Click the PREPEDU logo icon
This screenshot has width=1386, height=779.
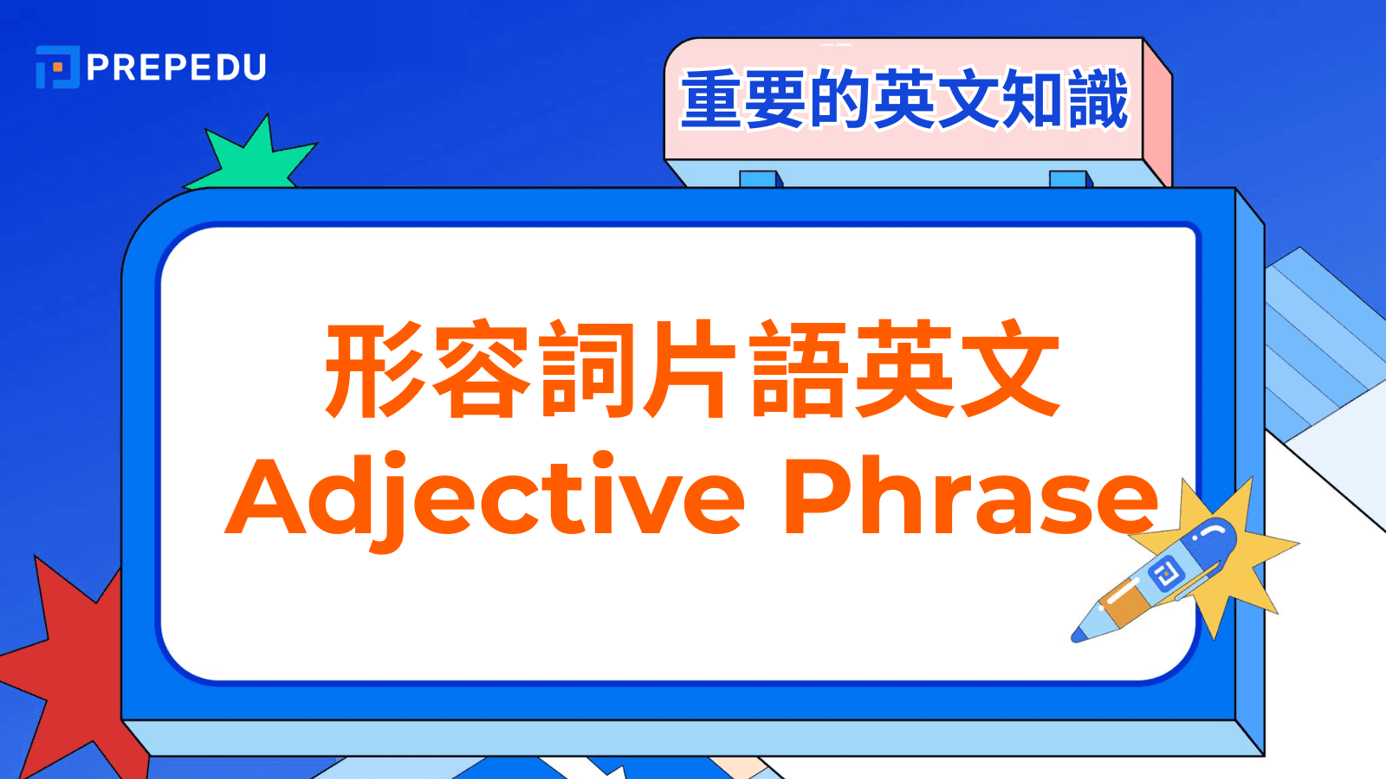point(57,67)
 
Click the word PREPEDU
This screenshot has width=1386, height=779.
point(177,68)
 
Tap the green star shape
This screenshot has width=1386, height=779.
point(252,158)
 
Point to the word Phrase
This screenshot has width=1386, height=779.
point(970,496)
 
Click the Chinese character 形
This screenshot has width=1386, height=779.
point(375,370)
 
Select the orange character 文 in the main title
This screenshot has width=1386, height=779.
point(1010,370)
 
